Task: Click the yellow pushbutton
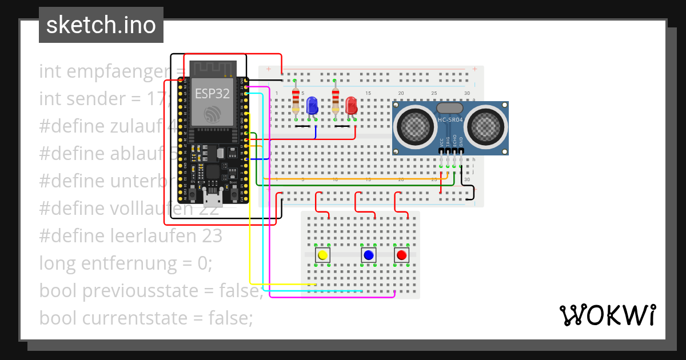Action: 322,255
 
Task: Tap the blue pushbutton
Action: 368,255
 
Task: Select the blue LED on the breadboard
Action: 312,105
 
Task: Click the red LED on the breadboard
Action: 351,105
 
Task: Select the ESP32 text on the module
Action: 212,94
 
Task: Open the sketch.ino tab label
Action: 101,25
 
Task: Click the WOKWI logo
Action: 607,315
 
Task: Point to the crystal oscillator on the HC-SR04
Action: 449,107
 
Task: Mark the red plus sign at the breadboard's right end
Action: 474,69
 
